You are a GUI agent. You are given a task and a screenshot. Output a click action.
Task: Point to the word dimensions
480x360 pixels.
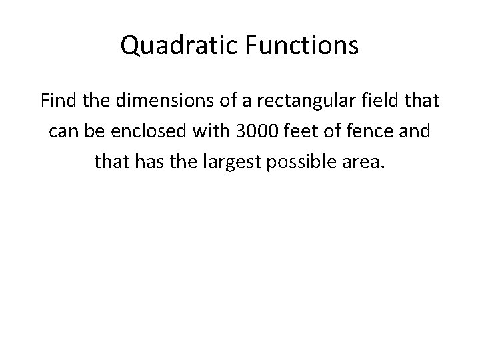click(x=151, y=102)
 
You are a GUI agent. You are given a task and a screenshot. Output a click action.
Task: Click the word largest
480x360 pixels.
click(x=232, y=161)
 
